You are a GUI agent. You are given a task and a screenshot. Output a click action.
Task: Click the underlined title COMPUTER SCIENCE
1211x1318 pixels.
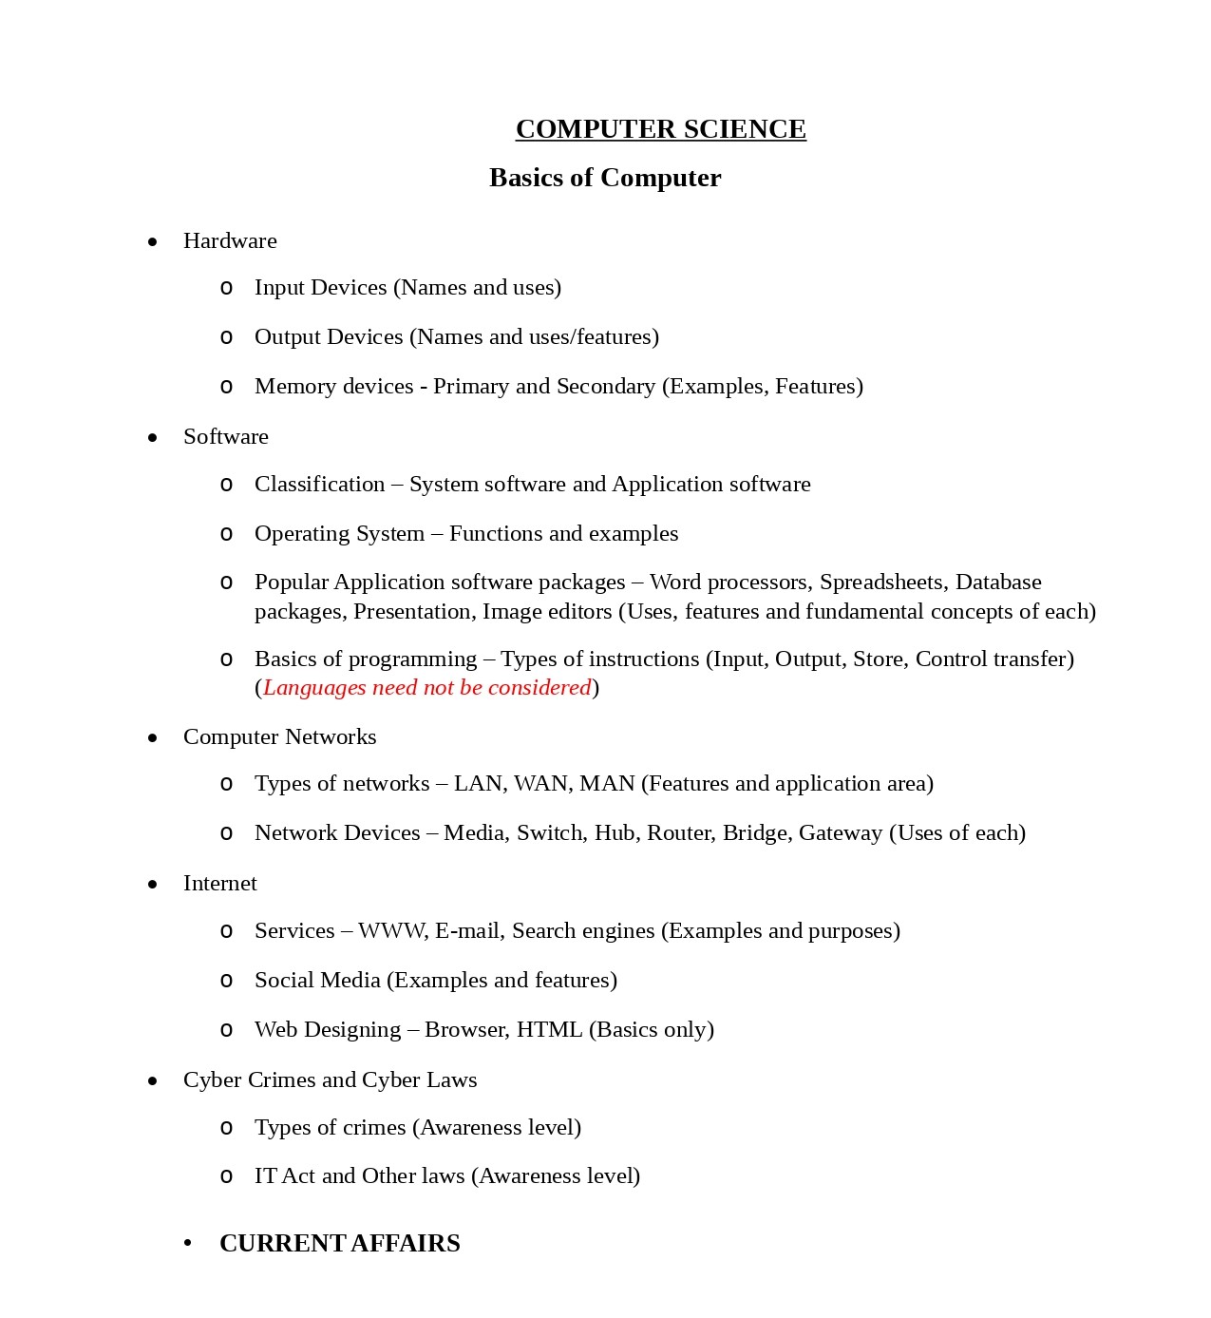pos(660,129)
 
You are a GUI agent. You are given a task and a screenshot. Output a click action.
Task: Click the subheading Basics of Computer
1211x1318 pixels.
pos(605,178)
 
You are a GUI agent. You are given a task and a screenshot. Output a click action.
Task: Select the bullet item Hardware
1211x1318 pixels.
pos(230,240)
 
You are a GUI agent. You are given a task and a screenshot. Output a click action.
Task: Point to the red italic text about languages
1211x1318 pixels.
pos(426,687)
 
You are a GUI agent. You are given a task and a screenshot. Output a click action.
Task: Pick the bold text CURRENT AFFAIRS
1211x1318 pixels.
pos(339,1243)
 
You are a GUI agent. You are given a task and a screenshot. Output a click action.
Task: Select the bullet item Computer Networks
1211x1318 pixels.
pos(279,736)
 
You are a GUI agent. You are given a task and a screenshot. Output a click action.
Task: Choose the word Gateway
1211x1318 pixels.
pos(841,832)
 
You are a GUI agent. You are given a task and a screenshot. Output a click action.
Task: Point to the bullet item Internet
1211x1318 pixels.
pos(219,883)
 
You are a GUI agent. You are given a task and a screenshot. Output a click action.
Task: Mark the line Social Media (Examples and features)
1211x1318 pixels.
pos(435,980)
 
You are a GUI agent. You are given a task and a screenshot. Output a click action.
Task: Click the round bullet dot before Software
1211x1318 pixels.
pos(153,437)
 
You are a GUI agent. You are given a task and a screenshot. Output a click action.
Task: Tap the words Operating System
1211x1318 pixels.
pos(339,533)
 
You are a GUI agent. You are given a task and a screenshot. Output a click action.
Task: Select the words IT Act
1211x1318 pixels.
pos(284,1175)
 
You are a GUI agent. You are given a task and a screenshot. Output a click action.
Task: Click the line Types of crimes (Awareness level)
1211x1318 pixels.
pos(417,1127)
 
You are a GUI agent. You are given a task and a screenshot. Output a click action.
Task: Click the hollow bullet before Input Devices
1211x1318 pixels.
pos(226,288)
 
